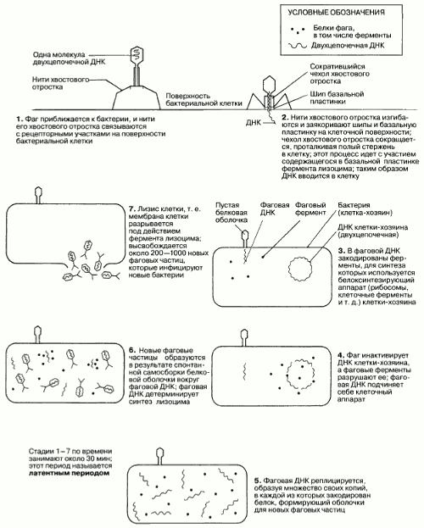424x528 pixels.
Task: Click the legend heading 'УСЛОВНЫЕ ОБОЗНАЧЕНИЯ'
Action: [337, 13]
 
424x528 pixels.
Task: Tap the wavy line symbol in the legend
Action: [298, 46]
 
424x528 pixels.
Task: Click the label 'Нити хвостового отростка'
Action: [61, 83]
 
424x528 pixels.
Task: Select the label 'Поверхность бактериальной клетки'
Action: [204, 100]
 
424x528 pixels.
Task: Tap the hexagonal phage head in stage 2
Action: [269, 84]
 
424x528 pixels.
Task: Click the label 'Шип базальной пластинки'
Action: [337, 97]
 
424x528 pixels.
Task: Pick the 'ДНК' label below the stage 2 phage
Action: [253, 123]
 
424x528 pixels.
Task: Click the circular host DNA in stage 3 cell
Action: [299, 269]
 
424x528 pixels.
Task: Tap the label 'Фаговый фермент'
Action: [310, 208]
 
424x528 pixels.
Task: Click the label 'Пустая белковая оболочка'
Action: [232, 213]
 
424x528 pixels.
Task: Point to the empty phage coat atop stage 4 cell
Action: [243, 338]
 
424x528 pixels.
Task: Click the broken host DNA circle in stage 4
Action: [300, 374]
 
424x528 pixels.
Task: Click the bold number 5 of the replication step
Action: [257, 481]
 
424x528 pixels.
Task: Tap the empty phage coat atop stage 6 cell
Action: [37, 335]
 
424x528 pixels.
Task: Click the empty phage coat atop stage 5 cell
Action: [159, 456]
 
